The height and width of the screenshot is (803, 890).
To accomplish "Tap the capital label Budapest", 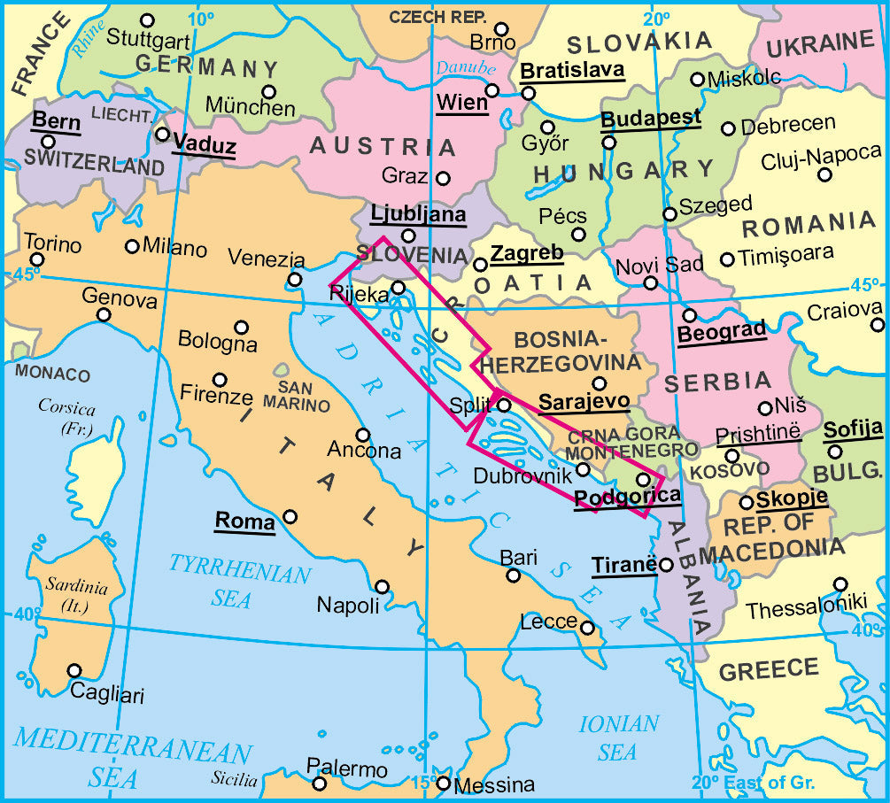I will pos(650,117).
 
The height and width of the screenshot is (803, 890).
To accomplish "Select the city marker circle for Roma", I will pos(290,516).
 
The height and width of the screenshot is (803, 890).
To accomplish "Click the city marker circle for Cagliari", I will pos(74,670).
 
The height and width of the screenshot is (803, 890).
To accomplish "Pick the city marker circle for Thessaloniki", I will pos(840,583).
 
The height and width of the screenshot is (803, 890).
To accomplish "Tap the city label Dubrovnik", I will pos(518,475).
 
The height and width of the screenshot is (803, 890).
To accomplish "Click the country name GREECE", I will pos(769,670).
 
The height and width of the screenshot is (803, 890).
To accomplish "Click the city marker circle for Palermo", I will pos(320,783).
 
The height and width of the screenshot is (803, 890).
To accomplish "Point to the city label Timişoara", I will pos(787,252).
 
